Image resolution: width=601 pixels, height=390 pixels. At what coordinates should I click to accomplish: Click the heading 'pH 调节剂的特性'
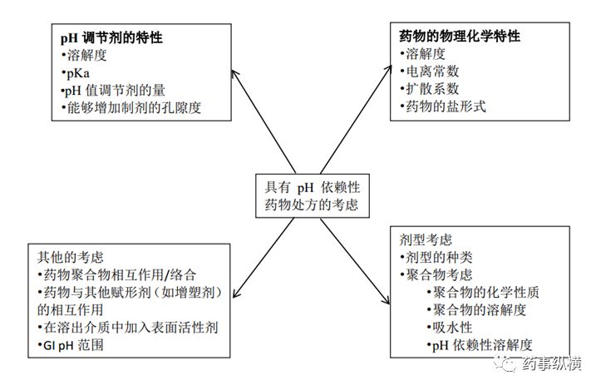[111, 39]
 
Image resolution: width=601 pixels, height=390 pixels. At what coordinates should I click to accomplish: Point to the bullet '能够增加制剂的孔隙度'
[130, 107]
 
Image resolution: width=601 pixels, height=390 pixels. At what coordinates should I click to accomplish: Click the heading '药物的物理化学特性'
[461, 37]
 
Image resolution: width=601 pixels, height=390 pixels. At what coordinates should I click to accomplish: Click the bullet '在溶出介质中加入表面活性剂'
[126, 326]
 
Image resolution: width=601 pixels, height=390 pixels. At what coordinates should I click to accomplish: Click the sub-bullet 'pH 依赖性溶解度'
[482, 344]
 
